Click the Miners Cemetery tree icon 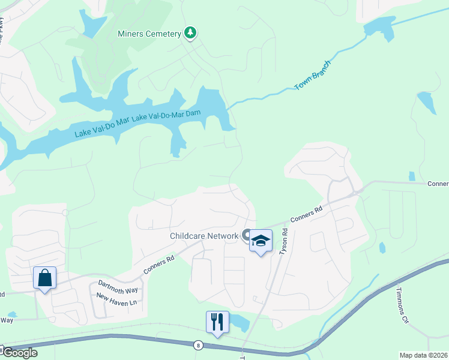[x=190, y=32]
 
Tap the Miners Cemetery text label [x=149, y=34]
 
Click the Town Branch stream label [x=313, y=76]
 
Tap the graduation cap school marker [x=261, y=241]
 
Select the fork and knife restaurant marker [x=217, y=322]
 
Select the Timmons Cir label [x=402, y=305]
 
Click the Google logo [x=19, y=353]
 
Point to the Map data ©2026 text [x=423, y=355]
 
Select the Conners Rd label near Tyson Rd [x=306, y=217]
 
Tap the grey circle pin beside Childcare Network [x=246, y=235]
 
